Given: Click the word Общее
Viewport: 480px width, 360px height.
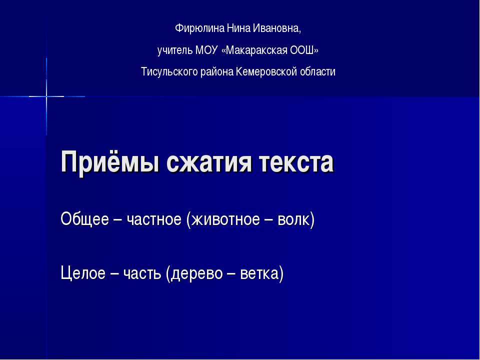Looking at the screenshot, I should [x=83, y=219].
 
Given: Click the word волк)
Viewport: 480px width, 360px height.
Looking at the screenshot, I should [x=296, y=219].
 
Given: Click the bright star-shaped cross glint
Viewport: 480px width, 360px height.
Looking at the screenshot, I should [x=46, y=95].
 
